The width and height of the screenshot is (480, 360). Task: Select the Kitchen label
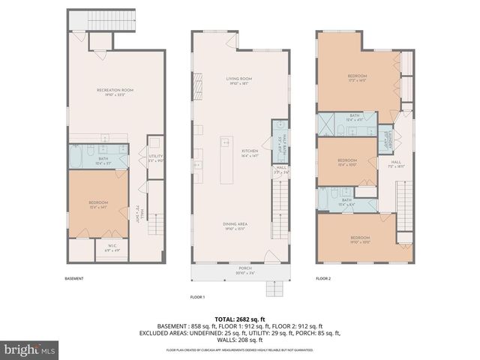click(249, 153)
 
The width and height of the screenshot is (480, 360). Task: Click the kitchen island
click(223, 160)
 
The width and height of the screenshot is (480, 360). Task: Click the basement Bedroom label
click(98, 205)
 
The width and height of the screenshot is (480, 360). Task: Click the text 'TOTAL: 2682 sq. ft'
click(239, 317)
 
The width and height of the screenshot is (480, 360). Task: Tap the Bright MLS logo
click(28, 349)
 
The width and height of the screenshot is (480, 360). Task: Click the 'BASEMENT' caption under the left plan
click(73, 278)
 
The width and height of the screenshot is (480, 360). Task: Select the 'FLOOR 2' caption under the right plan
click(322, 278)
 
